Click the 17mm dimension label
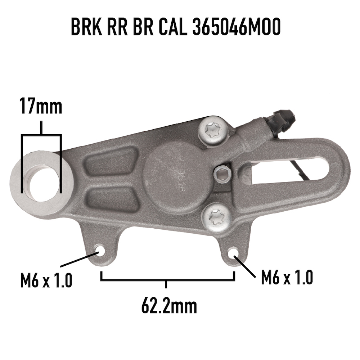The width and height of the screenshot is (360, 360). (x=41, y=106)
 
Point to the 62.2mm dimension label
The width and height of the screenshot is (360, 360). (x=169, y=306)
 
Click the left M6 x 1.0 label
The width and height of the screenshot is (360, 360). (x=46, y=280)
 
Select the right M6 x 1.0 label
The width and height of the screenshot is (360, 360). (x=287, y=277)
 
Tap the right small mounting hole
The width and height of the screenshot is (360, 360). (x=234, y=253)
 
